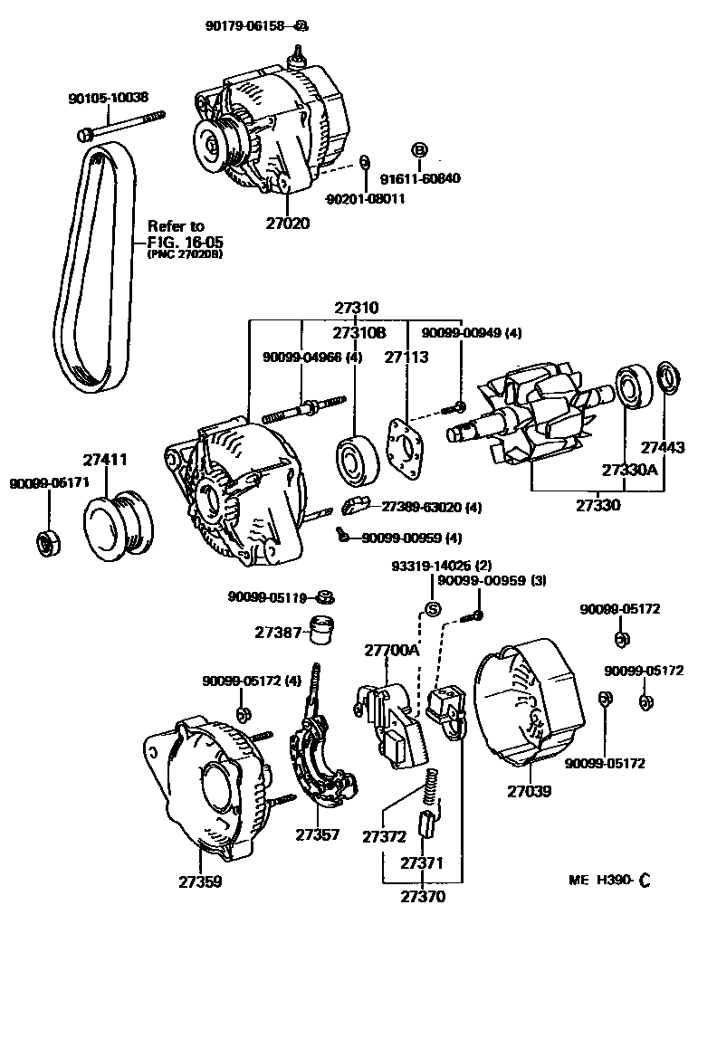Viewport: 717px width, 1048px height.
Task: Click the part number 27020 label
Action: [287, 223]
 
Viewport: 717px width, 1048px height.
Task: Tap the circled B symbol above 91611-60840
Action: [419, 150]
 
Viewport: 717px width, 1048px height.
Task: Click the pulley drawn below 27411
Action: [119, 524]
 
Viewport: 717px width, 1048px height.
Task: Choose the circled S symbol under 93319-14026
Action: [433, 608]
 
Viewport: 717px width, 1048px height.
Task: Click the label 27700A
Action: [392, 651]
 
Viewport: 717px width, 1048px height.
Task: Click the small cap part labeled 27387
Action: [320, 630]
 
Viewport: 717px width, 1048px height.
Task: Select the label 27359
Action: [199, 881]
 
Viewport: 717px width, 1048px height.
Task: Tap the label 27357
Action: [317, 834]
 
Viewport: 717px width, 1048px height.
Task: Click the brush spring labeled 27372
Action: [433, 785]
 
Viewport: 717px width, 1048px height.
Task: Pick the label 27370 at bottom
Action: [423, 897]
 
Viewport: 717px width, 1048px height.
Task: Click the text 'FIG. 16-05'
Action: [186, 242]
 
